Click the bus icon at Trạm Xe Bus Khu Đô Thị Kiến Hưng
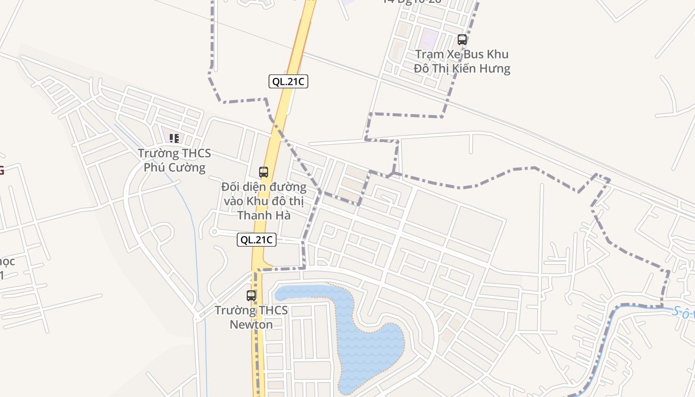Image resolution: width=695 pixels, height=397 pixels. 462,40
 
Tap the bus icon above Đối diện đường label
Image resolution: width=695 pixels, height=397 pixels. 264,172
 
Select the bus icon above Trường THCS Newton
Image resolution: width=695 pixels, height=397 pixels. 252,296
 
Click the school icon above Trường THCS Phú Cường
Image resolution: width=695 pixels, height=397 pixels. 174,138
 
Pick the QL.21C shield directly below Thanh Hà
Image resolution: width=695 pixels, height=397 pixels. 256,240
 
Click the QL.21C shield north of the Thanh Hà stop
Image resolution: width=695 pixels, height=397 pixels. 288,81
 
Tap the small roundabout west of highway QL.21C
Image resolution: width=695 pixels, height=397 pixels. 214,231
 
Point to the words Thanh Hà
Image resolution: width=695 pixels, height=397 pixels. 264,215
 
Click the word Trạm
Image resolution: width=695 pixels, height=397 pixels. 428,54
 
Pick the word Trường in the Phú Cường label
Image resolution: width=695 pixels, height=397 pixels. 155,153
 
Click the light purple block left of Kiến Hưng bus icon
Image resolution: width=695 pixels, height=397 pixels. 429,37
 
